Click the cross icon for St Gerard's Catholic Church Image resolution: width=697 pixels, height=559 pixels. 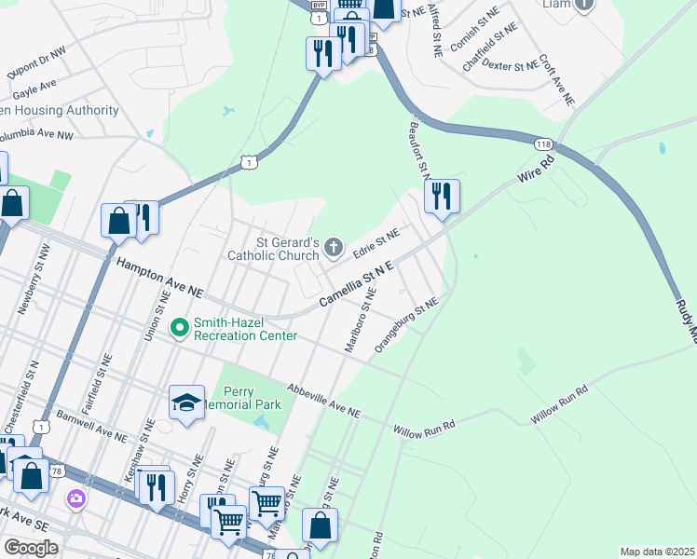(335, 248)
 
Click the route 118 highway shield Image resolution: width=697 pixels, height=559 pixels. (544, 144)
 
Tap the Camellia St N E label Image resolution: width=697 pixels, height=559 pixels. (357, 285)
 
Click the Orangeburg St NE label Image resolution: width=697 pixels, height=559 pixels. (405, 325)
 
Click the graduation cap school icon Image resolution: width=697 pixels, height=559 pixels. (186, 402)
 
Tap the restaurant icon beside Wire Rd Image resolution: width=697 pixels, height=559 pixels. (442, 196)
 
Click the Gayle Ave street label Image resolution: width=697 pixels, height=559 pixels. (35, 89)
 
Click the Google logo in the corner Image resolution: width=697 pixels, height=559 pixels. (31, 547)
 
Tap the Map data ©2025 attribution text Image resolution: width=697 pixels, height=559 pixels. (656, 552)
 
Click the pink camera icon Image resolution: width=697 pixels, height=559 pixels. (75, 498)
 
